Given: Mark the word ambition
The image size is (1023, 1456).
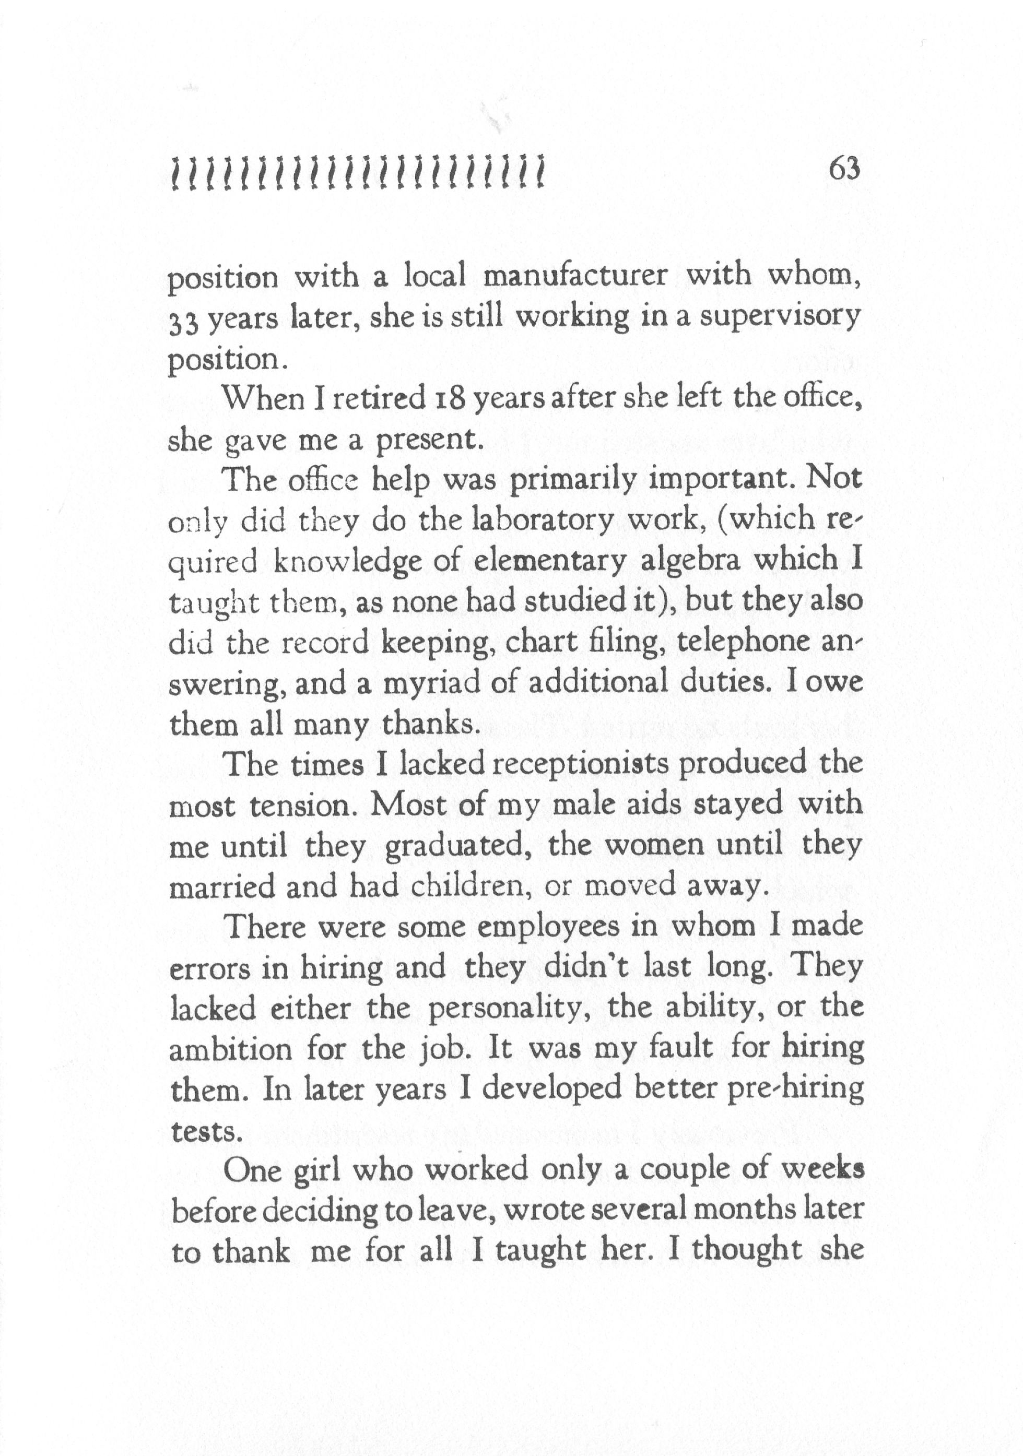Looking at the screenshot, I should click(231, 1049).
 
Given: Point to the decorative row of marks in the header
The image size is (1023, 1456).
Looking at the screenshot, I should click(358, 173).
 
